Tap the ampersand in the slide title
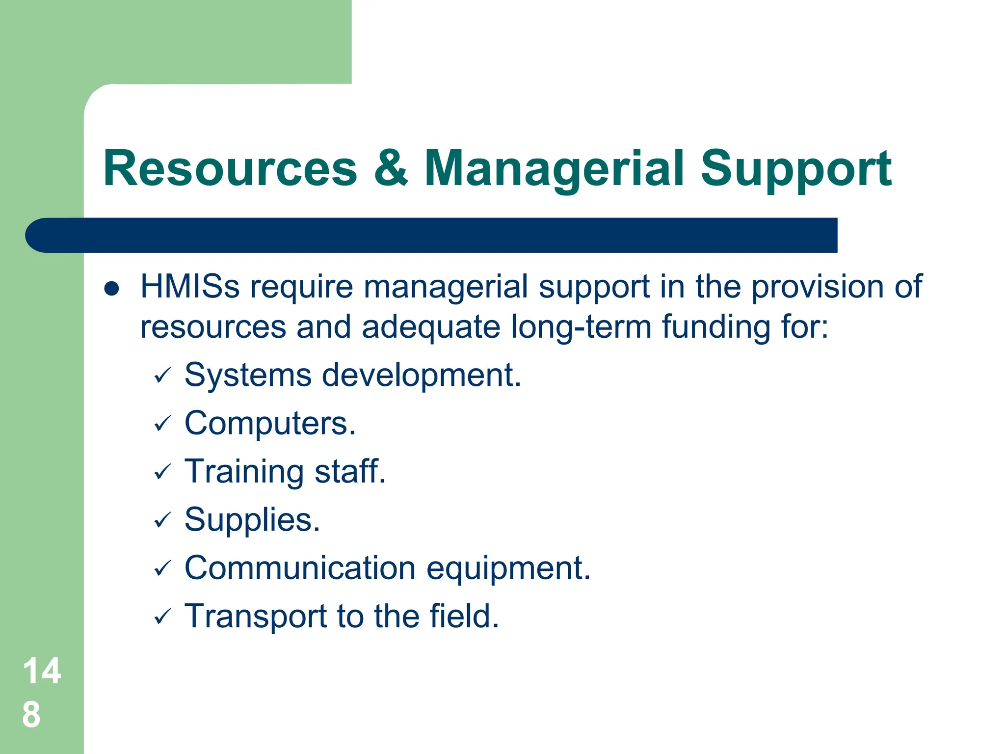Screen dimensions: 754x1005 (x=391, y=168)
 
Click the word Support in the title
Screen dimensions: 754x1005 (x=795, y=169)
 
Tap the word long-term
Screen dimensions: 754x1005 (x=581, y=327)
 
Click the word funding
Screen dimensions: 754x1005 (x=716, y=328)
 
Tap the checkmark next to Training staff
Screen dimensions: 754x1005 (x=162, y=472)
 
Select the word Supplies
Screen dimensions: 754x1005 (x=252, y=520)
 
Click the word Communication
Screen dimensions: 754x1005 (x=300, y=568)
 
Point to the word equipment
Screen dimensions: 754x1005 (x=508, y=569)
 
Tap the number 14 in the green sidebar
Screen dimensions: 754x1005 (x=42, y=671)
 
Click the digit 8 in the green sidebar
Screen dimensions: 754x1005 (x=31, y=715)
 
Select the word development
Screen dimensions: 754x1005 (x=422, y=376)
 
